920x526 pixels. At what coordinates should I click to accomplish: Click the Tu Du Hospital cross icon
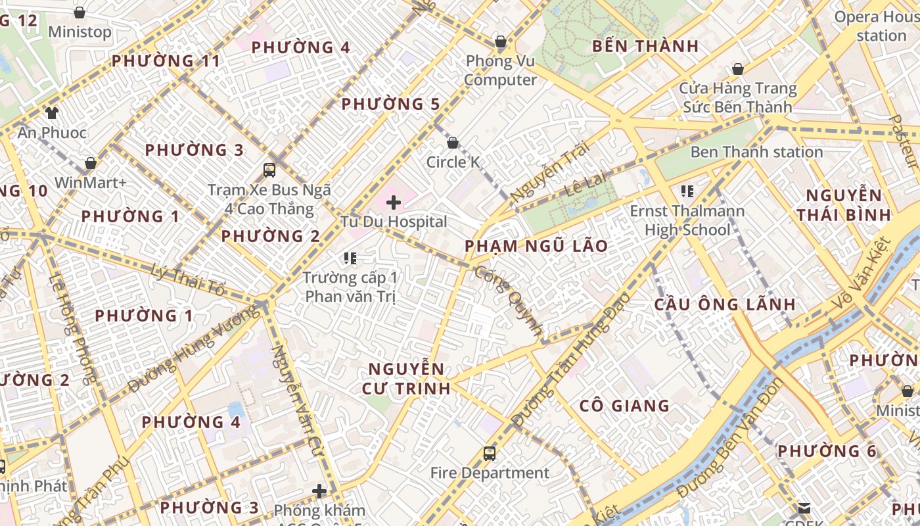click(394, 203)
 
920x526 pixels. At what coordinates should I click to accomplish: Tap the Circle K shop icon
click(452, 143)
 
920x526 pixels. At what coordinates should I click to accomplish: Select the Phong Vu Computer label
click(501, 70)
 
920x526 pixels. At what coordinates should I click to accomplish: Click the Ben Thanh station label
click(756, 152)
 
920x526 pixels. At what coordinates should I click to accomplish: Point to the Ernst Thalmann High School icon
click(687, 191)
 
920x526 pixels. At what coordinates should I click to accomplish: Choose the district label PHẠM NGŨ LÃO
click(536, 246)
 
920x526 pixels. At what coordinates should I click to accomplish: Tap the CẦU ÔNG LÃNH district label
click(725, 304)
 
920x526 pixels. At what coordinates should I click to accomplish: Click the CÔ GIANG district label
click(624, 406)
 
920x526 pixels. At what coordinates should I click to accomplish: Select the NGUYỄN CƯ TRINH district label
click(406, 378)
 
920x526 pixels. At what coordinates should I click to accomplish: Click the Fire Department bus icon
click(490, 453)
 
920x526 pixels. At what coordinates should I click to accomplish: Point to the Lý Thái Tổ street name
click(188, 279)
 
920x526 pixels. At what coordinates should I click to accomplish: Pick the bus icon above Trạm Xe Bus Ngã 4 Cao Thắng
click(269, 170)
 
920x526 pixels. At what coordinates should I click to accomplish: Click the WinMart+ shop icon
click(91, 163)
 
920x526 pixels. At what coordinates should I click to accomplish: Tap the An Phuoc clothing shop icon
click(52, 113)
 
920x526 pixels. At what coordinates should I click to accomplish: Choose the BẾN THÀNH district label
click(645, 46)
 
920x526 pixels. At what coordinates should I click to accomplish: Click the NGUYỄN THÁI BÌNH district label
click(844, 204)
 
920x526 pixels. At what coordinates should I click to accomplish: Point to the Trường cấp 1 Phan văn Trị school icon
click(350, 258)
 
